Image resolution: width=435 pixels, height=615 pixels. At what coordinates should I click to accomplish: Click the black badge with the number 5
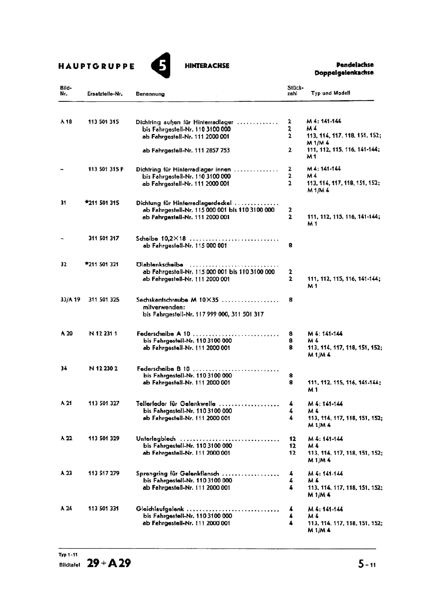point(161,65)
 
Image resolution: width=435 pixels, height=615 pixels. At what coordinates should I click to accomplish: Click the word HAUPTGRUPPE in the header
point(96,66)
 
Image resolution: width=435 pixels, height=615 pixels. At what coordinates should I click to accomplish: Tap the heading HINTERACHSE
point(207,66)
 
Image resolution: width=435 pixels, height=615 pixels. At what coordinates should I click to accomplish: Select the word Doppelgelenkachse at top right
point(344,73)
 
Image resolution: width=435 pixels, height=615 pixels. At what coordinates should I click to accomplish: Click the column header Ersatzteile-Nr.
point(105,94)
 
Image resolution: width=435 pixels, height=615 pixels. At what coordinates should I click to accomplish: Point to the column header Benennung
point(150,94)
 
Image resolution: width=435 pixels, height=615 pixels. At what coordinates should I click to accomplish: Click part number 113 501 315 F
point(106,169)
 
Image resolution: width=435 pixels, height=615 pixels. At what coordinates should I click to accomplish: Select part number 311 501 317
point(104,238)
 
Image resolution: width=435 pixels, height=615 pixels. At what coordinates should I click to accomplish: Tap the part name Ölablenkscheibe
point(159,264)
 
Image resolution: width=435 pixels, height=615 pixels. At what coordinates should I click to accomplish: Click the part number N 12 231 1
point(103,334)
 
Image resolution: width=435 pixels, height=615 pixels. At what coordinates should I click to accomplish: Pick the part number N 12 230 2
point(103,369)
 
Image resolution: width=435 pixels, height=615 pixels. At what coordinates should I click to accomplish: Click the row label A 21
point(66,404)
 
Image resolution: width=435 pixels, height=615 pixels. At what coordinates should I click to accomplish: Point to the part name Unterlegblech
point(156,439)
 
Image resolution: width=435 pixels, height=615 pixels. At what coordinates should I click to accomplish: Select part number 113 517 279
point(104,474)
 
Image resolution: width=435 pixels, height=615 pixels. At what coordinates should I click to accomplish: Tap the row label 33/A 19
point(70,300)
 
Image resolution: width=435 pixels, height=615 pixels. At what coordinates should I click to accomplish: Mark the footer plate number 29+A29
point(109,563)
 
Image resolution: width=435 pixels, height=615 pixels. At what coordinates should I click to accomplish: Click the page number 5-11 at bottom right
point(367,564)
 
